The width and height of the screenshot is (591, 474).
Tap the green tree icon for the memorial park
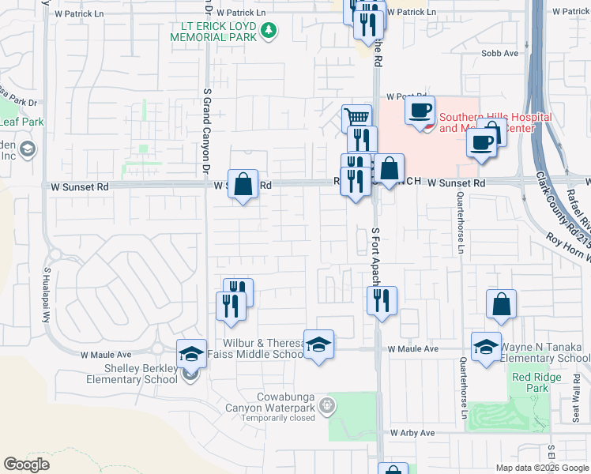point(269,30)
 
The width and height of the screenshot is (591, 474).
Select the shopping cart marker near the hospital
point(357,118)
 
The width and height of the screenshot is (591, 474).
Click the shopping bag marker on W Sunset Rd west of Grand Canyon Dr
point(243,184)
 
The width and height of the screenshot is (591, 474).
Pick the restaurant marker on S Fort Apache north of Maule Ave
point(382,300)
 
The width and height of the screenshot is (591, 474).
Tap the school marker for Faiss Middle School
point(318,345)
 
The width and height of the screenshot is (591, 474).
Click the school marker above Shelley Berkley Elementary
point(191,354)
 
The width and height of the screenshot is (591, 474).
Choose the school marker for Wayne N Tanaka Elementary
point(486,347)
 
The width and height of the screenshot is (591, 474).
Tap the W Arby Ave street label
point(412,433)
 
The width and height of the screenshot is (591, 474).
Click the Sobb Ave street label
point(500,53)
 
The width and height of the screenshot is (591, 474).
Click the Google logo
point(26,464)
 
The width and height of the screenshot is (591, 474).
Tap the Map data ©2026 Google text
point(541,468)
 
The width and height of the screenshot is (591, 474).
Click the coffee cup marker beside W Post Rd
point(420,109)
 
